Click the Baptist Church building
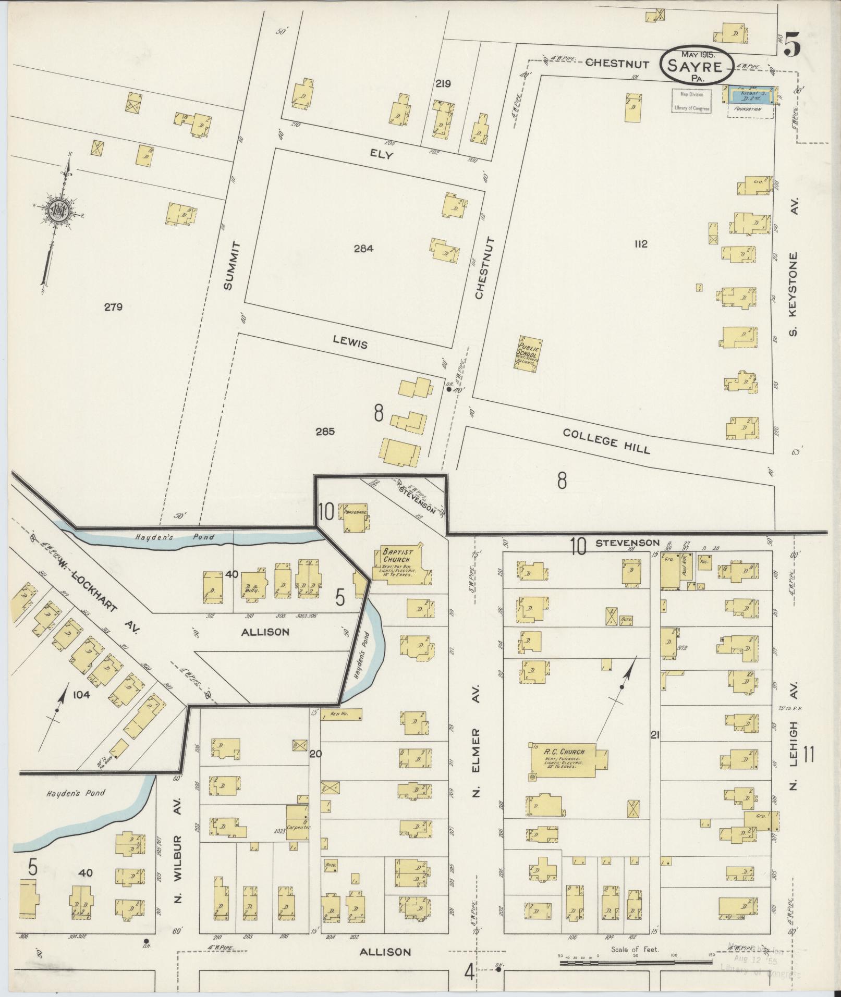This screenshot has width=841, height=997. tap(401, 563)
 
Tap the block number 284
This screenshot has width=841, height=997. tap(363, 249)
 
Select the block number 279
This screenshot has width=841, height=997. tap(113, 307)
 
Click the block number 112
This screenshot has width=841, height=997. tap(641, 244)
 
